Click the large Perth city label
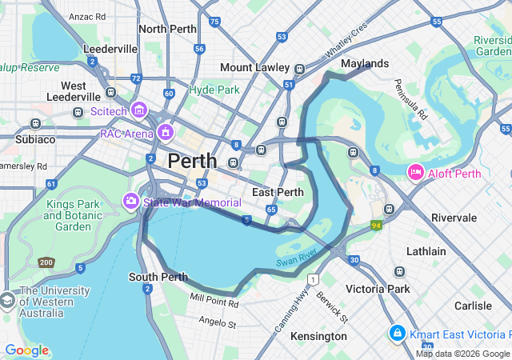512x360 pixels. [192, 161]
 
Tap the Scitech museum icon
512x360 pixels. [139, 110]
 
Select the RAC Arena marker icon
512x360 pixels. [166, 132]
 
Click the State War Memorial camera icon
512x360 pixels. [130, 200]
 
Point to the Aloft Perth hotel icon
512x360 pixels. [416, 171]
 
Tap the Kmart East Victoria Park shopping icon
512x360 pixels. [396, 332]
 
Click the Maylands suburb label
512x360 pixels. [364, 63]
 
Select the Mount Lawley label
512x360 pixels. [254, 67]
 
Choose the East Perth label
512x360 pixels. [278, 192]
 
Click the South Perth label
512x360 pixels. [158, 278]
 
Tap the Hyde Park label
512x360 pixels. [214, 90]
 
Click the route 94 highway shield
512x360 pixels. [376, 226]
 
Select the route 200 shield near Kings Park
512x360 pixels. [46, 262]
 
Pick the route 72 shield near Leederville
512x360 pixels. [137, 79]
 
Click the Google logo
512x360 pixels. [26, 350]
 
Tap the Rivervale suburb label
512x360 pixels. [454, 218]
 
